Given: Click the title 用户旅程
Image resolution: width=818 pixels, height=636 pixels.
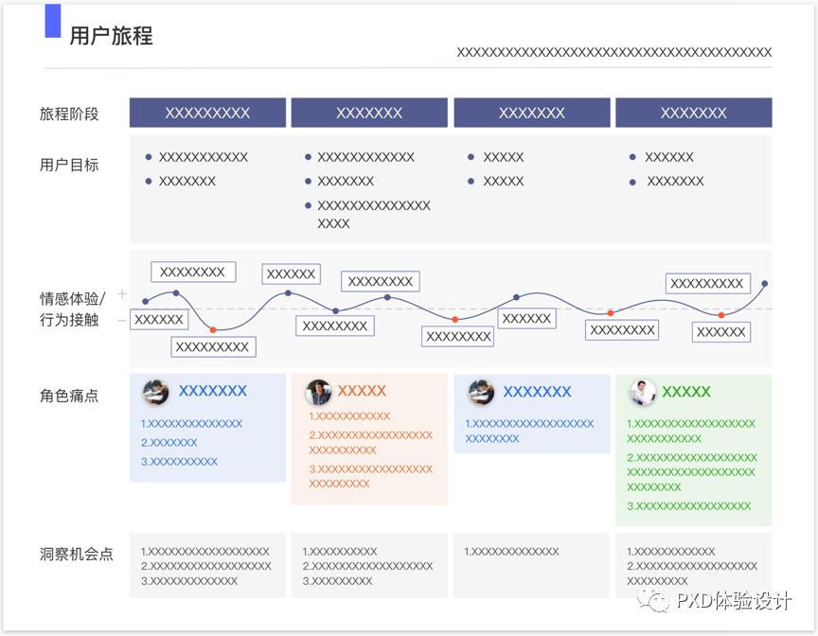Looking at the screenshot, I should point(111,37).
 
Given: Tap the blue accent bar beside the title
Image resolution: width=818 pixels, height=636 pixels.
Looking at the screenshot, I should point(53,21).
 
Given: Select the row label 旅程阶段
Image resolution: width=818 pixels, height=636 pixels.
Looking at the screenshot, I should point(69,114).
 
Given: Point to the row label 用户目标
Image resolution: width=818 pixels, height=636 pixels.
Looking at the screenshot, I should point(69,165).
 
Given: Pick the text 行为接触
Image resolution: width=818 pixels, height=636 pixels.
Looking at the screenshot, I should point(69,320).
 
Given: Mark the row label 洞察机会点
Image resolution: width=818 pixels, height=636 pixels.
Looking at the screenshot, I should point(77,555).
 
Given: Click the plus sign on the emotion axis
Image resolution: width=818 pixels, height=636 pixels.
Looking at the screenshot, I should point(121,294).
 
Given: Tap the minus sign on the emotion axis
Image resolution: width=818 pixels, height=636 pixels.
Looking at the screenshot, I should point(121,321).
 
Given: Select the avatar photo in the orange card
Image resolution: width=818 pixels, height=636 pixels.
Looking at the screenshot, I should point(318,392).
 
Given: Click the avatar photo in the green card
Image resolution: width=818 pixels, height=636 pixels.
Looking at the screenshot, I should point(643,392).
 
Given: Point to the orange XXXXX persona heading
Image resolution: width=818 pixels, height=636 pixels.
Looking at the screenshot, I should point(362,391).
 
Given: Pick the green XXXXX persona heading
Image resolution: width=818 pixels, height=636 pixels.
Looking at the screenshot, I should point(686,392).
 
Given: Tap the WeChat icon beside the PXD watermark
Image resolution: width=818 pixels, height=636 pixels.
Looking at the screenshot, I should point(653,601).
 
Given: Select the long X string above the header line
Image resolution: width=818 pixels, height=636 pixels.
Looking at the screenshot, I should point(613,53).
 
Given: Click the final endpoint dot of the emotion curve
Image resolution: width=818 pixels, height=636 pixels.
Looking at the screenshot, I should point(765,283).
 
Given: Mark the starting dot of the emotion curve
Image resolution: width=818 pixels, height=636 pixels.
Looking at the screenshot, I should point(145,302).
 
